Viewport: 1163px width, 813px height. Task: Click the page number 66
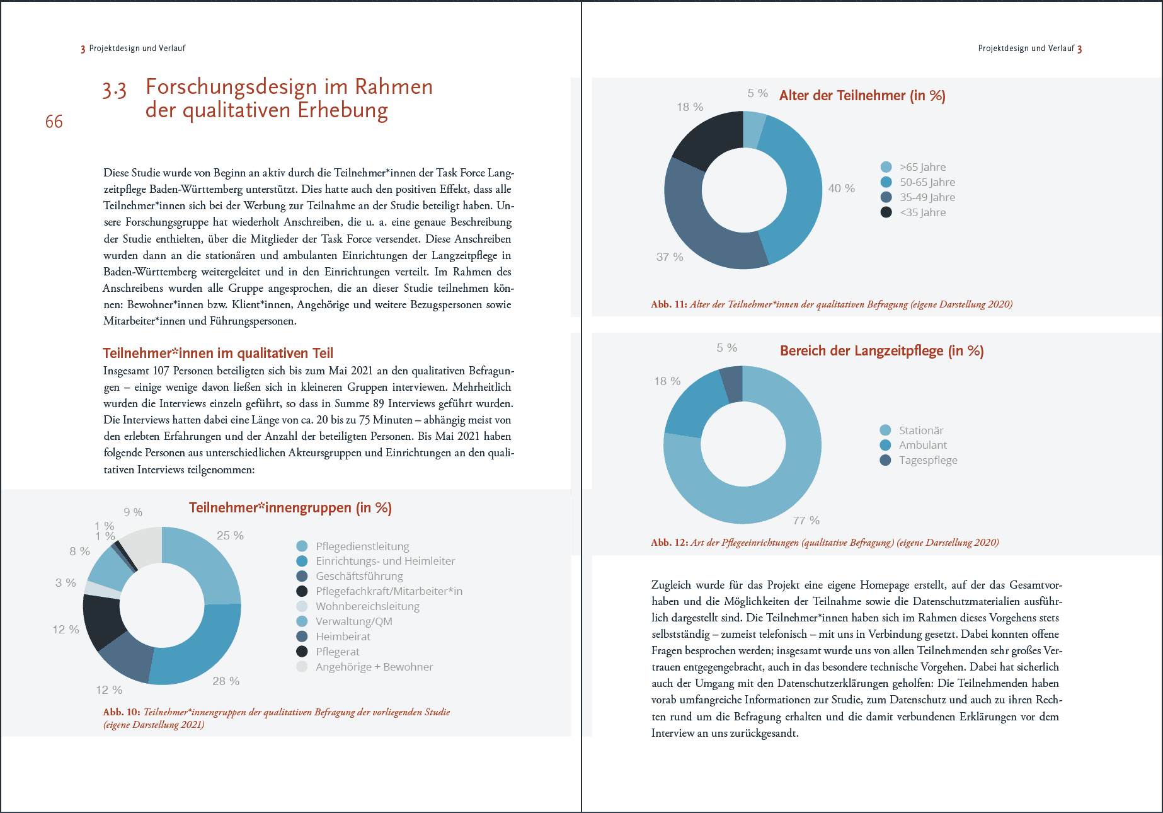54,122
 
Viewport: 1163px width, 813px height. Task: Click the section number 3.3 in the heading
115,90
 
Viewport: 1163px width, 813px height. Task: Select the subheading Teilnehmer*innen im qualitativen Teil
218,353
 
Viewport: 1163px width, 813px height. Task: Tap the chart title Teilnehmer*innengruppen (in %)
290,508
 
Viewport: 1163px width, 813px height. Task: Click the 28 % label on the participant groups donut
226,681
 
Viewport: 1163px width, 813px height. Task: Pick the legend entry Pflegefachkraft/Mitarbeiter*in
389,591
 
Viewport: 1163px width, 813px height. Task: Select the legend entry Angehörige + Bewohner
374,667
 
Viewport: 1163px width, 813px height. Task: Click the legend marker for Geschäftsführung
302,576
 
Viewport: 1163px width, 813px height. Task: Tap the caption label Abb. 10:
122,712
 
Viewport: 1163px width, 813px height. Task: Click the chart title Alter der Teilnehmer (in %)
862,96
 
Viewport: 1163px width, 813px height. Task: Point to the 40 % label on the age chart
841,188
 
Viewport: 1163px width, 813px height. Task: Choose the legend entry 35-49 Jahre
927,197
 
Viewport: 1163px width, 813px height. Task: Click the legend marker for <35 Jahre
886,212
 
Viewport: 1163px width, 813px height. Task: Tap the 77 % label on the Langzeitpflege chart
806,521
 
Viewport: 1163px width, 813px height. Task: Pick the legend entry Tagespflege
927,460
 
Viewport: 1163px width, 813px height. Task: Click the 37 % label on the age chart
669,257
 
